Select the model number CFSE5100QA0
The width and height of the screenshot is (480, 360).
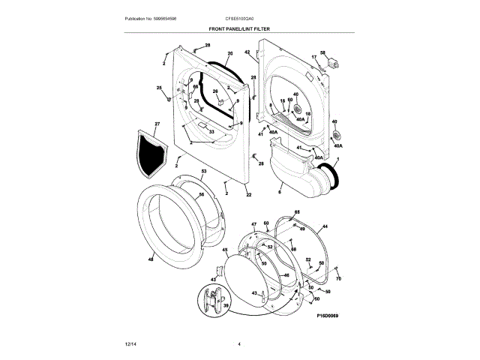tap(239, 18)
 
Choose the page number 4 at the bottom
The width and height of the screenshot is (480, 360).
tap(239, 344)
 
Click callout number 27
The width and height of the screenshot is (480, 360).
tap(157, 123)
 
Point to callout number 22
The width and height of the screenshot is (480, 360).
tap(248, 195)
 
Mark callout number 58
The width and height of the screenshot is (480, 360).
tap(323, 52)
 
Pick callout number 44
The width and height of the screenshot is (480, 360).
tap(325, 226)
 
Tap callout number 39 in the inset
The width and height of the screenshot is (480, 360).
tap(225, 306)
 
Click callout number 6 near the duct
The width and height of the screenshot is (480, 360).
tap(279, 193)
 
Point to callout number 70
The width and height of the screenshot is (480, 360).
tap(338, 279)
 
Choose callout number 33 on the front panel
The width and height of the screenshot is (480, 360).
tap(212, 133)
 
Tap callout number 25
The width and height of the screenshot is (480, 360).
tap(159, 88)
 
